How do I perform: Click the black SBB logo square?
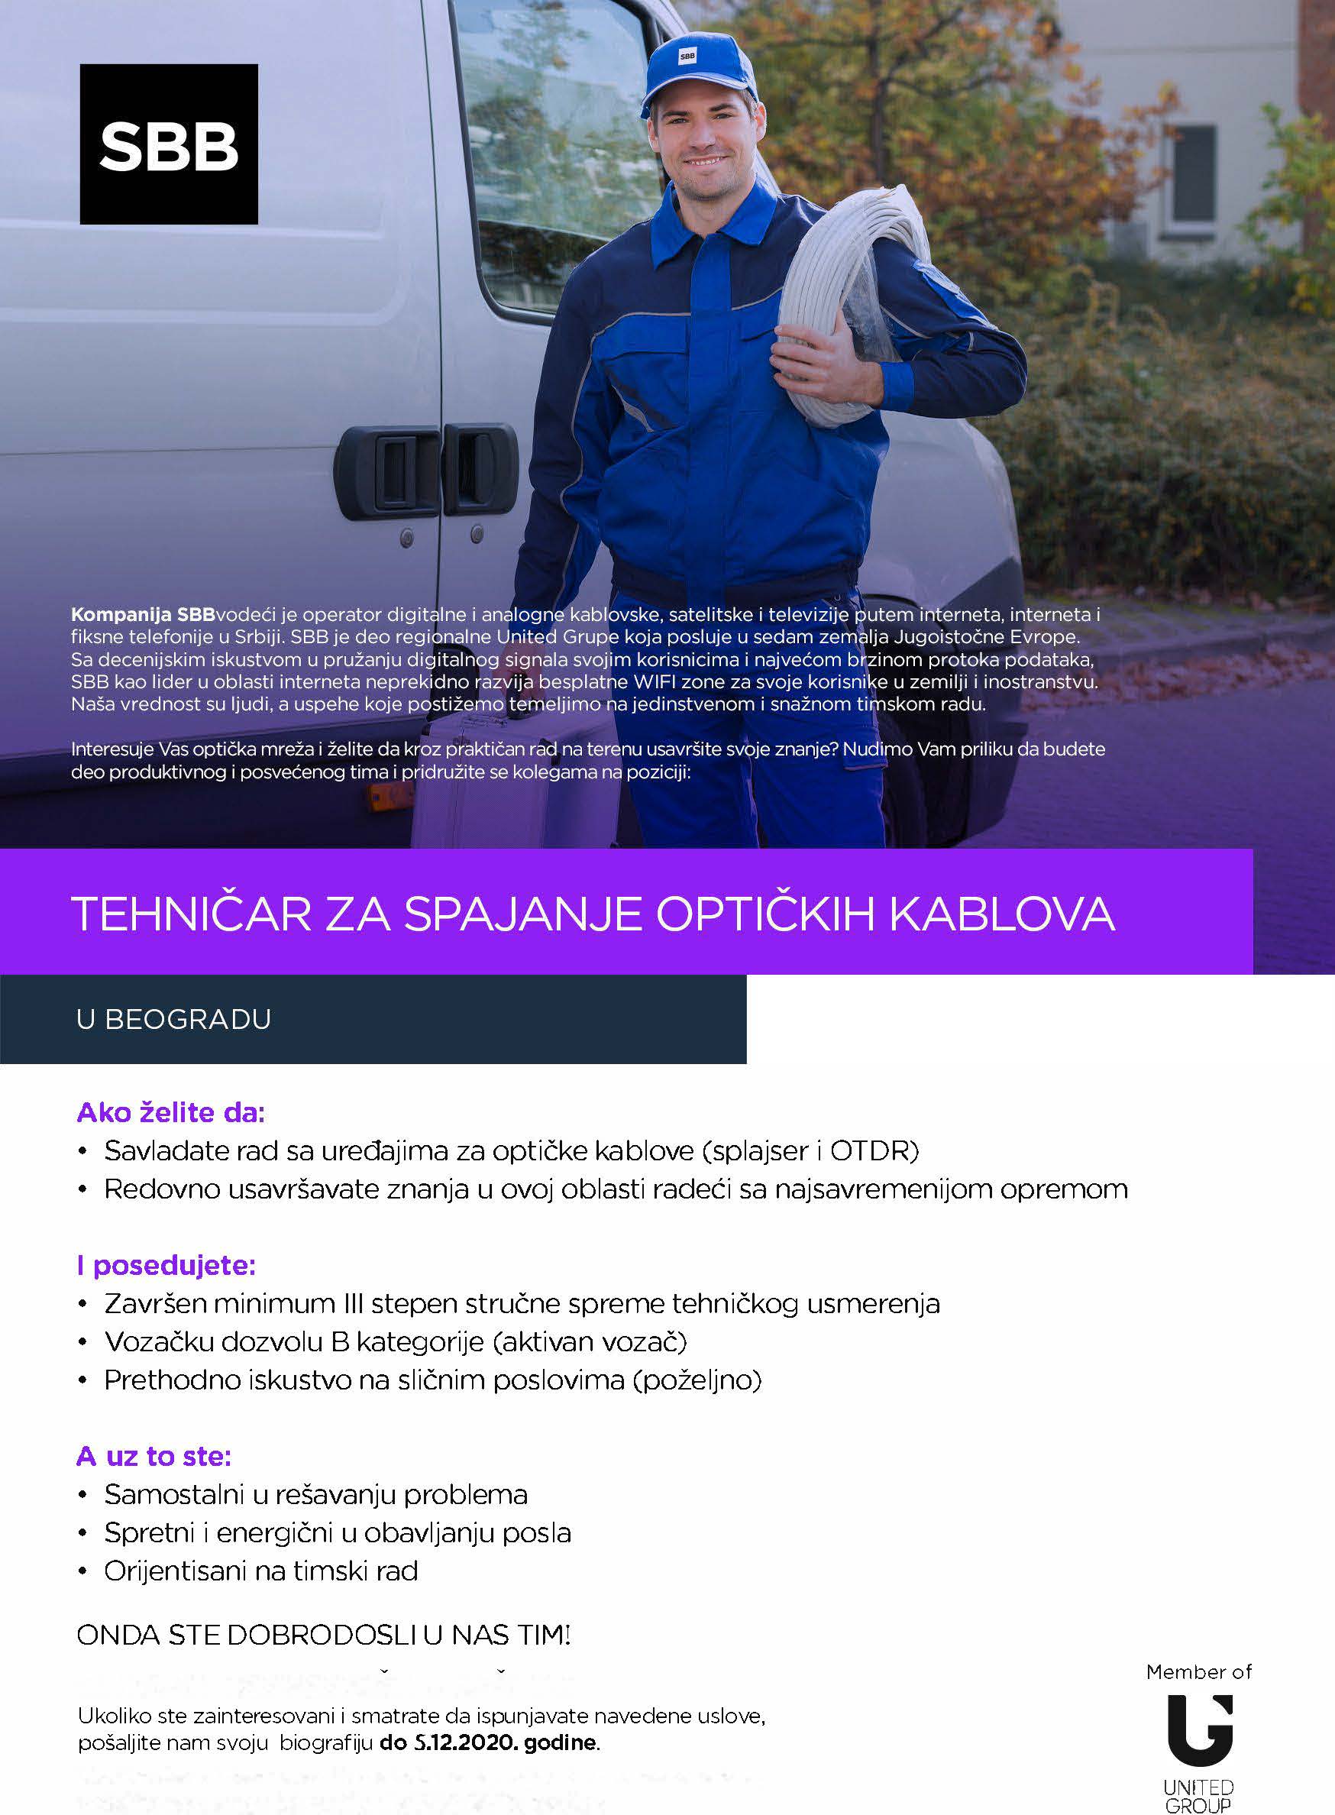click(x=169, y=144)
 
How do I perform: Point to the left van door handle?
click(x=386, y=472)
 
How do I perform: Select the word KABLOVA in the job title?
click(x=1002, y=914)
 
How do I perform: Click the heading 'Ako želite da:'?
click(x=170, y=1113)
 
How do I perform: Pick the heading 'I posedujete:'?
click(x=166, y=1266)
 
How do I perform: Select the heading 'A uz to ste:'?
click(x=154, y=1456)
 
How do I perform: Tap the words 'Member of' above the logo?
click(x=1198, y=1672)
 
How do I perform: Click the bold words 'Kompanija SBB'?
click(x=143, y=615)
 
